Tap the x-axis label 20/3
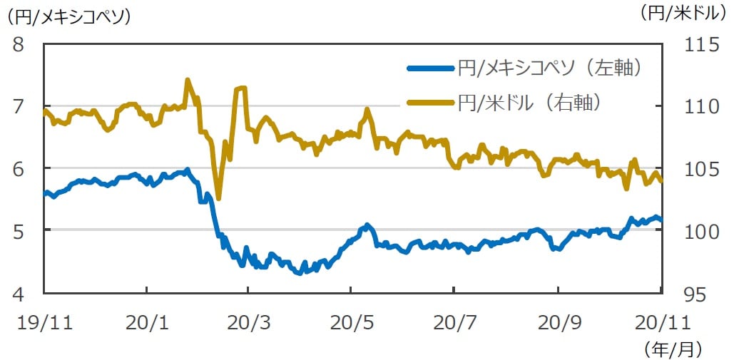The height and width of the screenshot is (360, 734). (248, 322)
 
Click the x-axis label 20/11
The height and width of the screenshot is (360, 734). (660, 322)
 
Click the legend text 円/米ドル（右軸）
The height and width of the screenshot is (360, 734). (533, 103)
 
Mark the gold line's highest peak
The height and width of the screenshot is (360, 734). (188, 80)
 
